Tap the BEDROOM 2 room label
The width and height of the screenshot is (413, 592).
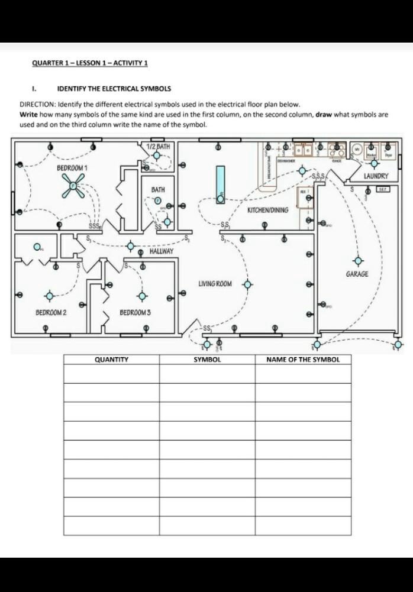(51, 312)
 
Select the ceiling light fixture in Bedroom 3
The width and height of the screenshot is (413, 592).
(141, 296)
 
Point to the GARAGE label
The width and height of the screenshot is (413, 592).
(357, 274)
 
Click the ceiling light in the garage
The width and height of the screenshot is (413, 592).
(357, 260)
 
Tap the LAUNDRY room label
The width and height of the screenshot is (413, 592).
(376, 176)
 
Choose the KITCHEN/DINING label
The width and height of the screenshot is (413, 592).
(268, 210)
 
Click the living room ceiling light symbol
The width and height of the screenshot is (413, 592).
(247, 284)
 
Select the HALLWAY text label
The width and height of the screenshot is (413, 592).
(162, 251)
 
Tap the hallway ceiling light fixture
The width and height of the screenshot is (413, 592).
(131, 245)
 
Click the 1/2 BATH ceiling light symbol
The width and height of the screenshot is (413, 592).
(156, 156)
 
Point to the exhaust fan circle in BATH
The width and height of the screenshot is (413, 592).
(158, 200)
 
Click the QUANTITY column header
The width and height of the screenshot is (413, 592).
(112, 359)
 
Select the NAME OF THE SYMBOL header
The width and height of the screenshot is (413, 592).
(303, 359)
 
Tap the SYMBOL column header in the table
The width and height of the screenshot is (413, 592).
(207, 359)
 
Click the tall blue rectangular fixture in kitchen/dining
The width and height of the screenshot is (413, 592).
(221, 184)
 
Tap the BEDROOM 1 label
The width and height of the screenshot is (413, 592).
(72, 168)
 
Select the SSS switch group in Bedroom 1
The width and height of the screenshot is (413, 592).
(94, 227)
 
